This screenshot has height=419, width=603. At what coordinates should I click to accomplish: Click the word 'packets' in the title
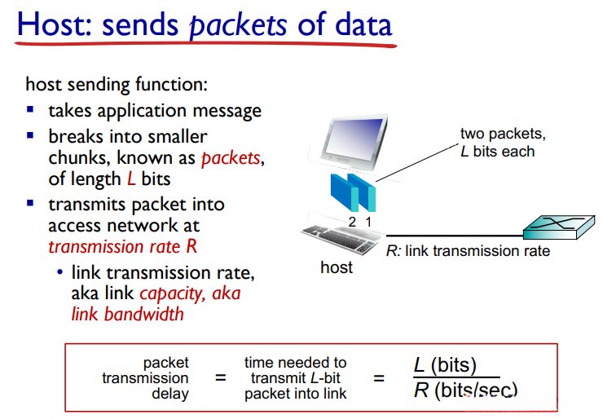point(239,25)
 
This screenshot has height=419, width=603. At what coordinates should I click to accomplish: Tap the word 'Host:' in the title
point(55,24)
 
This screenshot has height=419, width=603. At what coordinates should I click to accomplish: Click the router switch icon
point(558,227)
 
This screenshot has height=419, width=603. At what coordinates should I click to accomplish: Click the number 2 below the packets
point(352,222)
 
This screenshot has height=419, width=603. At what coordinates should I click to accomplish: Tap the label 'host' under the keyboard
point(337,267)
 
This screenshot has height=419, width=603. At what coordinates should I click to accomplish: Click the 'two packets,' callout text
point(503,135)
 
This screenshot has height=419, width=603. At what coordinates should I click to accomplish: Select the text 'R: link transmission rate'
point(468,251)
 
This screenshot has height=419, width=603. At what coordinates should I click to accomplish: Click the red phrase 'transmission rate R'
point(123,246)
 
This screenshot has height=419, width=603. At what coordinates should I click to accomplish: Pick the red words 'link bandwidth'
point(127,314)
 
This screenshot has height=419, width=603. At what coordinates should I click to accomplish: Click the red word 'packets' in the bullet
point(231,158)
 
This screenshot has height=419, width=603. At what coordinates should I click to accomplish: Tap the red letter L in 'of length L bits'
point(131,179)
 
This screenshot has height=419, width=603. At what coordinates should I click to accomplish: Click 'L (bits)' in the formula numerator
point(446,364)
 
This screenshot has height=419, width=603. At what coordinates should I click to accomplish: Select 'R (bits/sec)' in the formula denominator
point(466,390)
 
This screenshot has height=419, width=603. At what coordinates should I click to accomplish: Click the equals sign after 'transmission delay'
point(220,378)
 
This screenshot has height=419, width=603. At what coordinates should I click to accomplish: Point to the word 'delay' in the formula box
point(170,394)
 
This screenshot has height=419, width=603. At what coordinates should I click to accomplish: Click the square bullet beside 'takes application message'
point(30,110)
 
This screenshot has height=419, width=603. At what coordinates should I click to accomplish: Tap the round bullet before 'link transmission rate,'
point(59,272)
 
